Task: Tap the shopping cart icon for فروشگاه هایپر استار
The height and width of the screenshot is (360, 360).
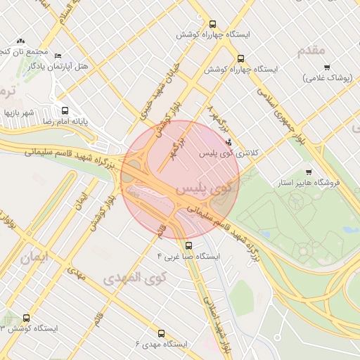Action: pos(308,172)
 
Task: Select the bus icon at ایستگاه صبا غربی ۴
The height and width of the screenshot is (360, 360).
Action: pos(188,245)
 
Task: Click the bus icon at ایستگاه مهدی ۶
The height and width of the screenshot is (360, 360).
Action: pos(161,333)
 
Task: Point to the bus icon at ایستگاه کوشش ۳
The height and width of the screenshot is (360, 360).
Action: pos(27,318)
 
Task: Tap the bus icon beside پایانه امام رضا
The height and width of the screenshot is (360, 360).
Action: pos(65,110)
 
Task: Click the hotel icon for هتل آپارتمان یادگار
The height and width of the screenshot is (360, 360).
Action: pos(58,56)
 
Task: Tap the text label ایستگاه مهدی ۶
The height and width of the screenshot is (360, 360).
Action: pos(161,345)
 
